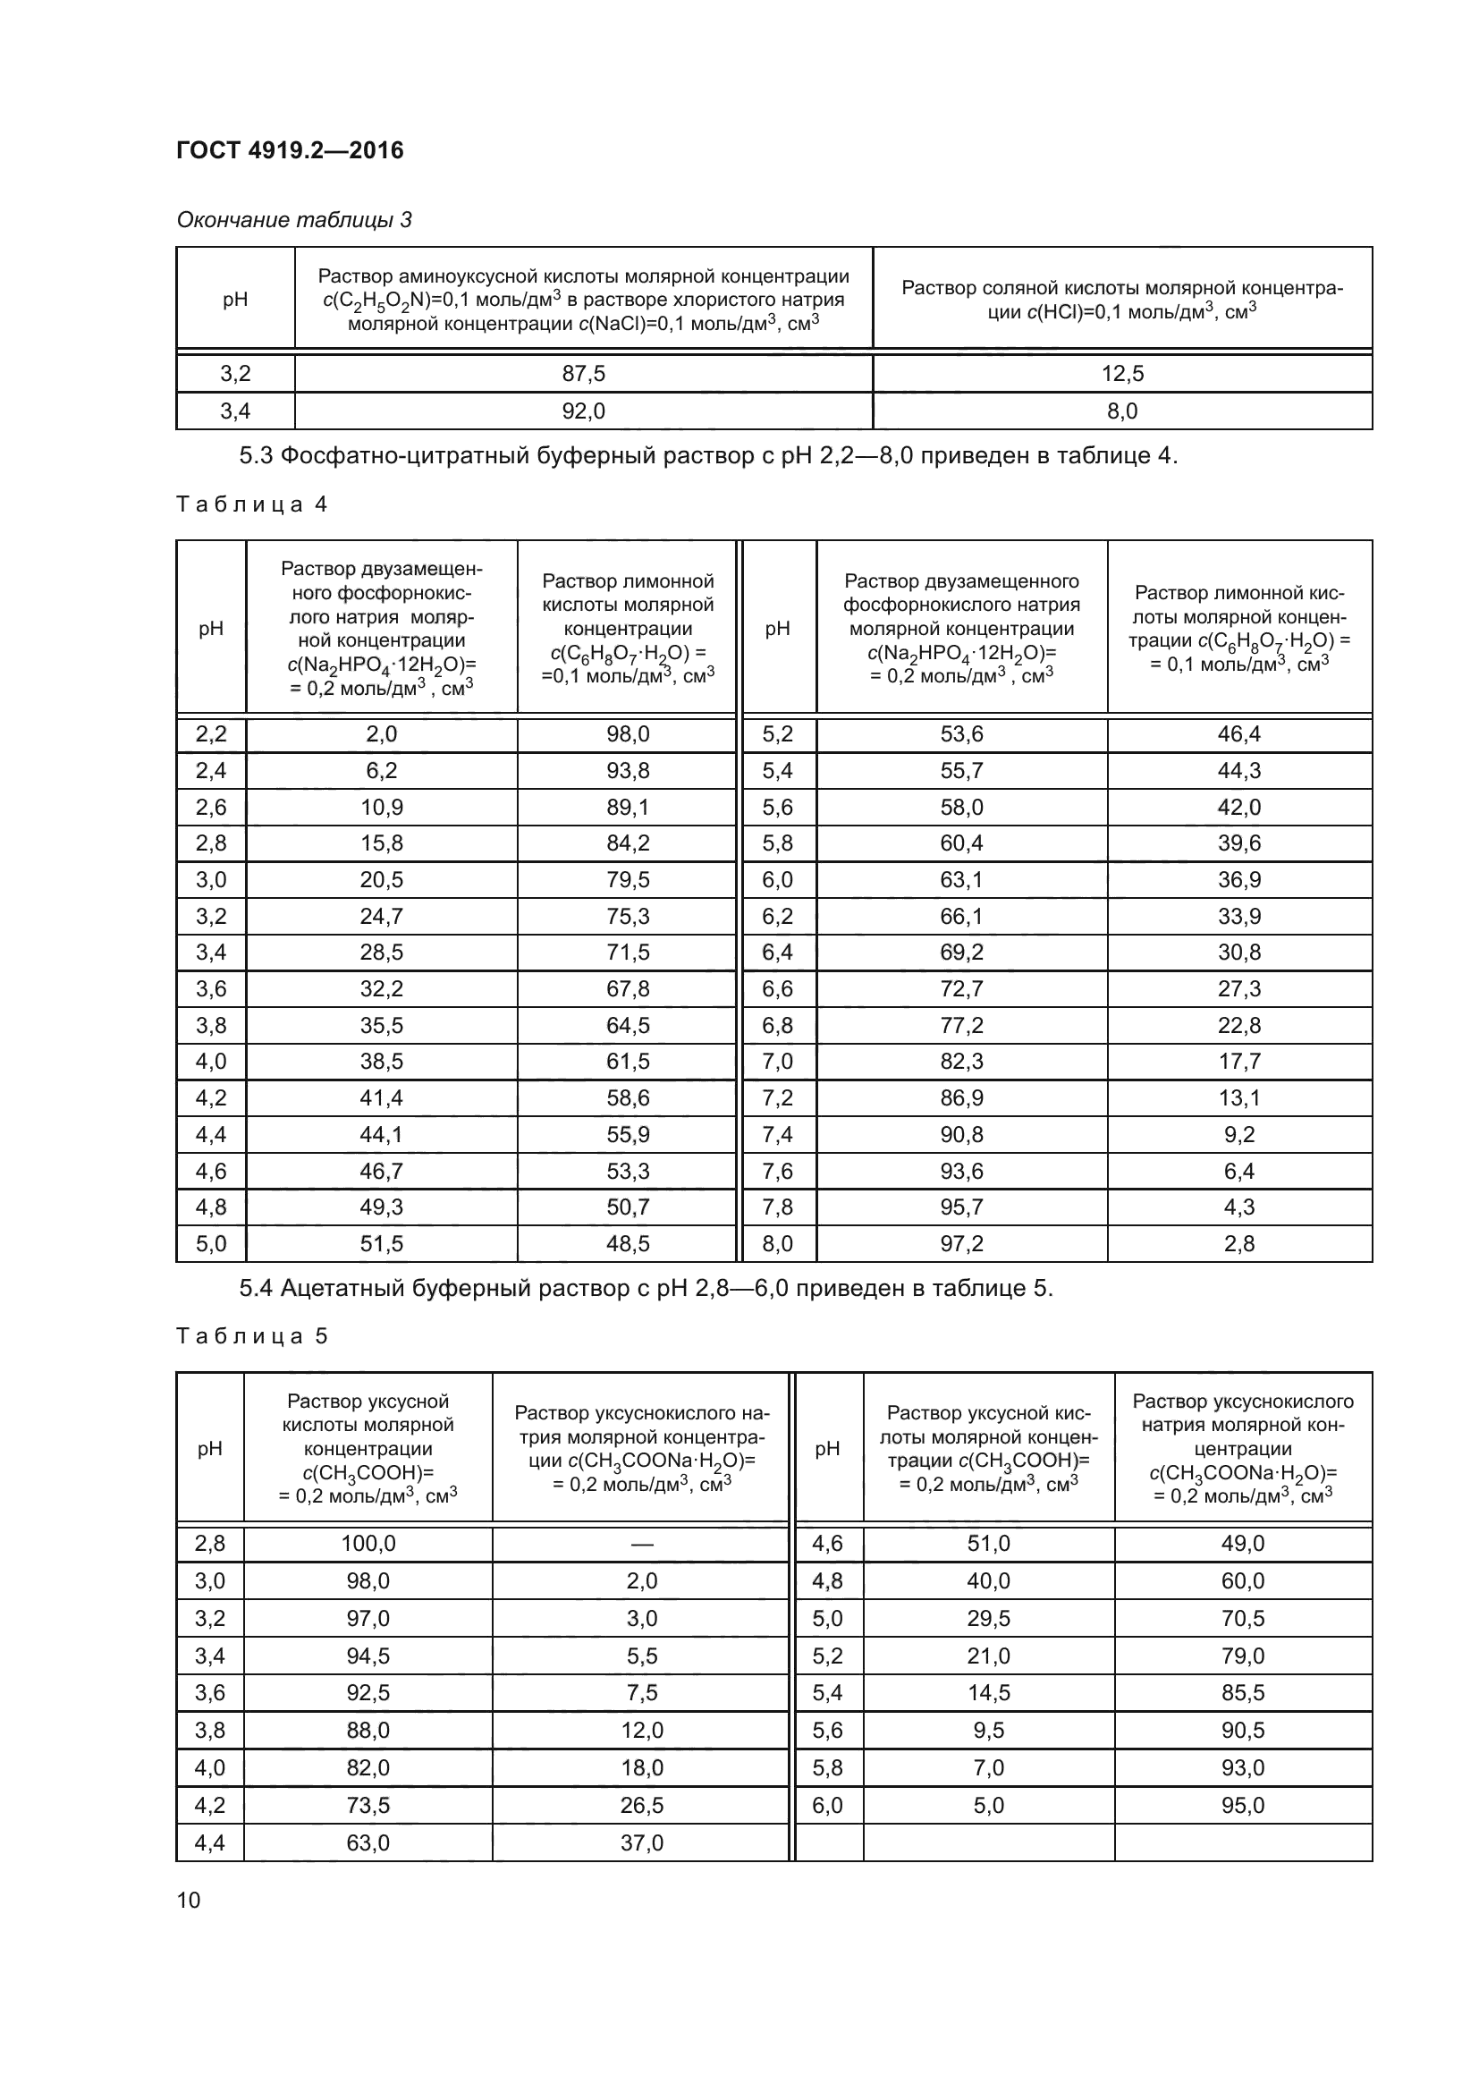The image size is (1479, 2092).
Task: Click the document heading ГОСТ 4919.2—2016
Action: (290, 150)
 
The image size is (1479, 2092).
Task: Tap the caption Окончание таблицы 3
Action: (293, 220)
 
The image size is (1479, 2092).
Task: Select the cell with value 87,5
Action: (583, 374)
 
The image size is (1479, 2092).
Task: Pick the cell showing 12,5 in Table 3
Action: (1122, 374)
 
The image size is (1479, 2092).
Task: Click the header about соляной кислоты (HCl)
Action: (1122, 300)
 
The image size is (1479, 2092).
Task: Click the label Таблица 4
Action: (251, 504)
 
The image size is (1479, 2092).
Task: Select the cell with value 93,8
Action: (628, 771)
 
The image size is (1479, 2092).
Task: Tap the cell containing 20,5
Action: (382, 880)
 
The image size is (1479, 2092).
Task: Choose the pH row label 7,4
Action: (778, 1134)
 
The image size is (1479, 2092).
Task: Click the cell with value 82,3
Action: (962, 1062)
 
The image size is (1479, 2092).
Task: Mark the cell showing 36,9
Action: (1239, 880)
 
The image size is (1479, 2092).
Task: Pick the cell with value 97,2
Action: (962, 1244)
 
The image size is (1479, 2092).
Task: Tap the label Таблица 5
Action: (251, 1336)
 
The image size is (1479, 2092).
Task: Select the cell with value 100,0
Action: (368, 1544)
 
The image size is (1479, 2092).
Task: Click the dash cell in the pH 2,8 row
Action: (641, 1544)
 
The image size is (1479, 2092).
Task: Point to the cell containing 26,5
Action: (641, 1805)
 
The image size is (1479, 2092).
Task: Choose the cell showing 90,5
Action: (1243, 1731)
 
